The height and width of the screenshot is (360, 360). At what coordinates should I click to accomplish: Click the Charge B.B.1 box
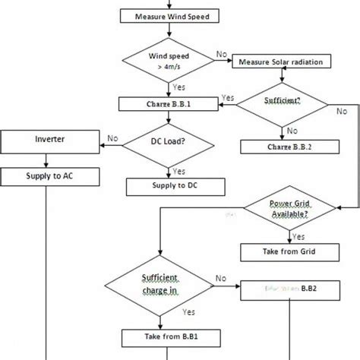[x=160, y=103]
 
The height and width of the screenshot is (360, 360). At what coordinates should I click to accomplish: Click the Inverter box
[x=49, y=140]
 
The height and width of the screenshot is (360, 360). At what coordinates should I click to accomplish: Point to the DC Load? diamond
[x=160, y=141]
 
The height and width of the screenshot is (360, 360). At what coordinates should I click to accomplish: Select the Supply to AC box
[x=49, y=177]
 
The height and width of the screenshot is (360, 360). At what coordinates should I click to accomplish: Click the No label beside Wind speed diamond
[x=222, y=54]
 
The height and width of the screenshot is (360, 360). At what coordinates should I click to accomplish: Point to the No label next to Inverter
[x=112, y=138]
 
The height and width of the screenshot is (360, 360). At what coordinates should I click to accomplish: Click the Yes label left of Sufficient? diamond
[x=227, y=97]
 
